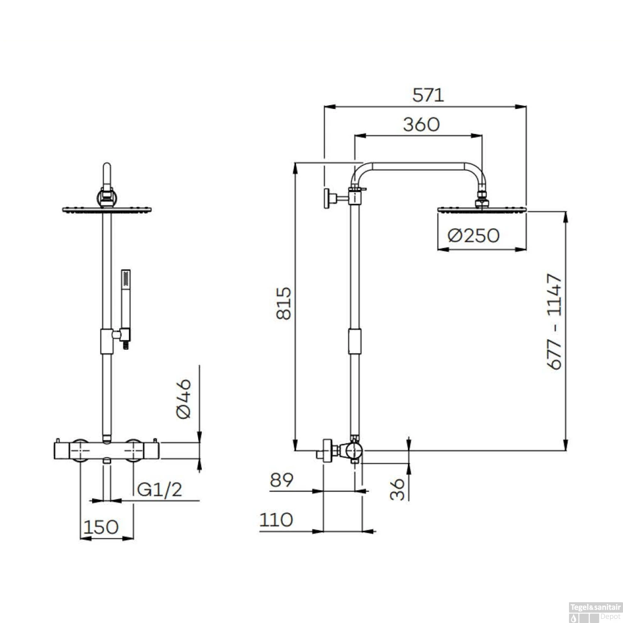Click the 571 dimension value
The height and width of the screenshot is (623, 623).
click(428, 95)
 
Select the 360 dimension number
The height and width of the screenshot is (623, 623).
click(421, 125)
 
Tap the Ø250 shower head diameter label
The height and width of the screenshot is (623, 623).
click(473, 236)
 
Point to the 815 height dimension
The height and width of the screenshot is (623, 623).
click(284, 303)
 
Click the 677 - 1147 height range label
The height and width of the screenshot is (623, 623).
click(554, 321)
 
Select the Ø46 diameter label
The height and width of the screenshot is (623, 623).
click(184, 399)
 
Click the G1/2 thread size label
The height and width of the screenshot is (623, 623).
click(159, 490)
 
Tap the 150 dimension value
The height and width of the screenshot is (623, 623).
click(101, 527)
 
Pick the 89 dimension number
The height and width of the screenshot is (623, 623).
click(281, 480)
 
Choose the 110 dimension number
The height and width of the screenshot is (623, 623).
click(276, 520)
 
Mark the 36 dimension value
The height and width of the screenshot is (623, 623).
click(398, 489)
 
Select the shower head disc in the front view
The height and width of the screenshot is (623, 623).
click(107, 210)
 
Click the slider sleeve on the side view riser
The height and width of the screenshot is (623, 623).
click(354, 341)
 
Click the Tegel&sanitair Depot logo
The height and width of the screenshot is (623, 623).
click(595, 612)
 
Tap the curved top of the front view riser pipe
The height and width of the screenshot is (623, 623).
click(107, 174)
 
